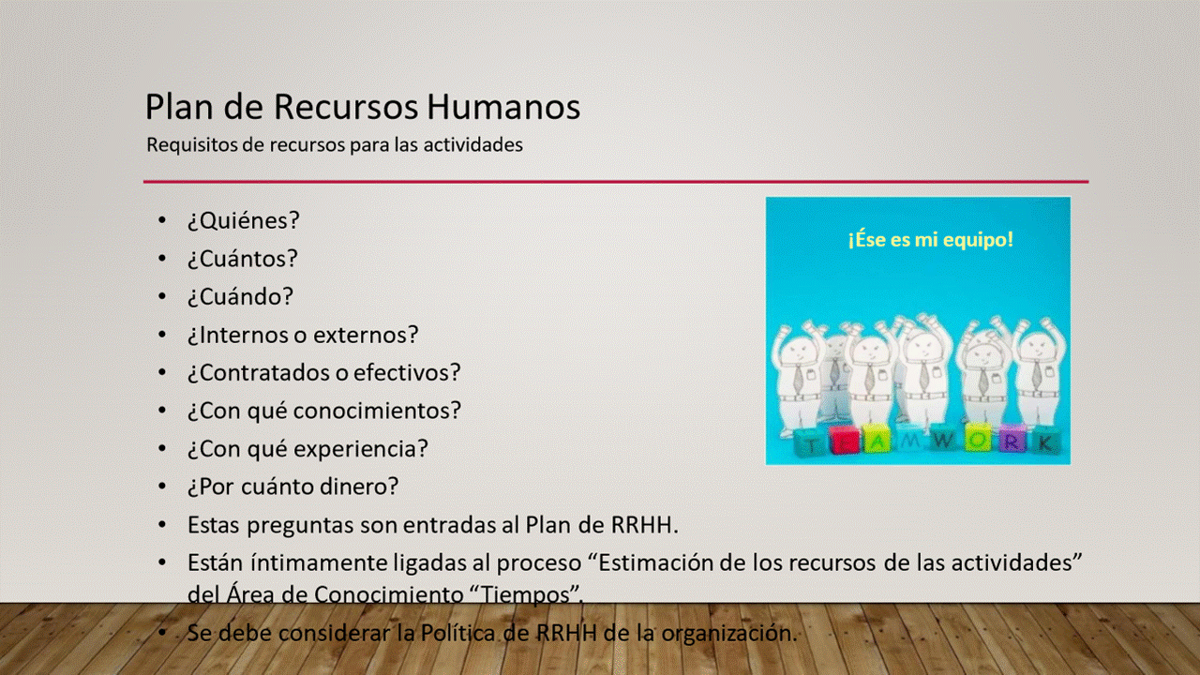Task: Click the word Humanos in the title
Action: [503, 106]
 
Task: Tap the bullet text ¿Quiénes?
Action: [243, 220]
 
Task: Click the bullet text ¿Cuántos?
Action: [242, 259]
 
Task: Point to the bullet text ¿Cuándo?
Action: [240, 297]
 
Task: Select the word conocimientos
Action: [377, 411]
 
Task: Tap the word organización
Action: [729, 634]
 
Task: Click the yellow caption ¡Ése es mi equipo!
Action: [931, 239]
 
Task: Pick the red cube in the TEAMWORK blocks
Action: [844, 441]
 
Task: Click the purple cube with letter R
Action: [1012, 439]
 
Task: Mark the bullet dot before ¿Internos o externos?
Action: [162, 335]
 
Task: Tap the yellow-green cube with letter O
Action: [979, 438]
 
